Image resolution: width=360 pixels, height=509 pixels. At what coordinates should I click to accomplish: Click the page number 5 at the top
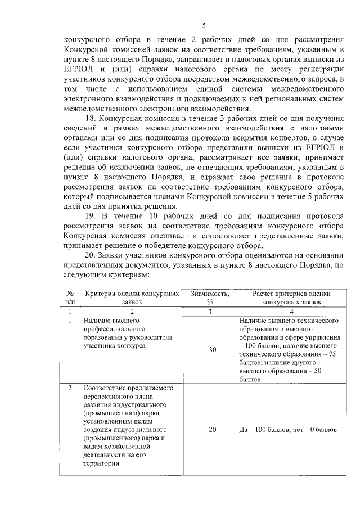(x=204, y=25)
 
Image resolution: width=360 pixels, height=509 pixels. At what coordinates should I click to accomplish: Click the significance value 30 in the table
(x=212, y=350)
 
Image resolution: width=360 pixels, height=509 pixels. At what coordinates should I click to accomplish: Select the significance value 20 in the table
(x=212, y=429)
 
